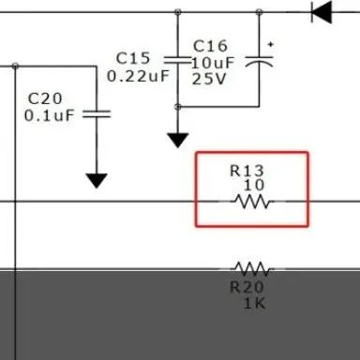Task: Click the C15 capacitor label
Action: coord(133,58)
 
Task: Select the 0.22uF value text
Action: coord(138,76)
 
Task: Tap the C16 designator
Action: coord(210,46)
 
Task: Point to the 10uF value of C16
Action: coord(213,63)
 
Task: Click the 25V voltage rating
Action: coord(209,79)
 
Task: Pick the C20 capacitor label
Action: coord(45,98)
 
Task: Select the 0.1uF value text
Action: coord(50,115)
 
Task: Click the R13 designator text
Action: coord(247,171)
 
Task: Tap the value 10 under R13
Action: coord(254,186)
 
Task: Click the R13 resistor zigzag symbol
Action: coord(252,202)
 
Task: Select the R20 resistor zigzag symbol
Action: coord(252,269)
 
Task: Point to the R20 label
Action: coord(247,287)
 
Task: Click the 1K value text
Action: coord(255,303)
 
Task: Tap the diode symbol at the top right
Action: coord(322,12)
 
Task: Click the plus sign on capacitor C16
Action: coord(271,45)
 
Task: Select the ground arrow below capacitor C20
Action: coord(97,181)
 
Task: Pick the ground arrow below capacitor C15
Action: coord(178,141)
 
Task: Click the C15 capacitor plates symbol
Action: coord(177,60)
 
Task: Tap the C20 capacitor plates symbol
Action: coord(97,114)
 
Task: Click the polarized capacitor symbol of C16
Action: coord(259,62)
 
